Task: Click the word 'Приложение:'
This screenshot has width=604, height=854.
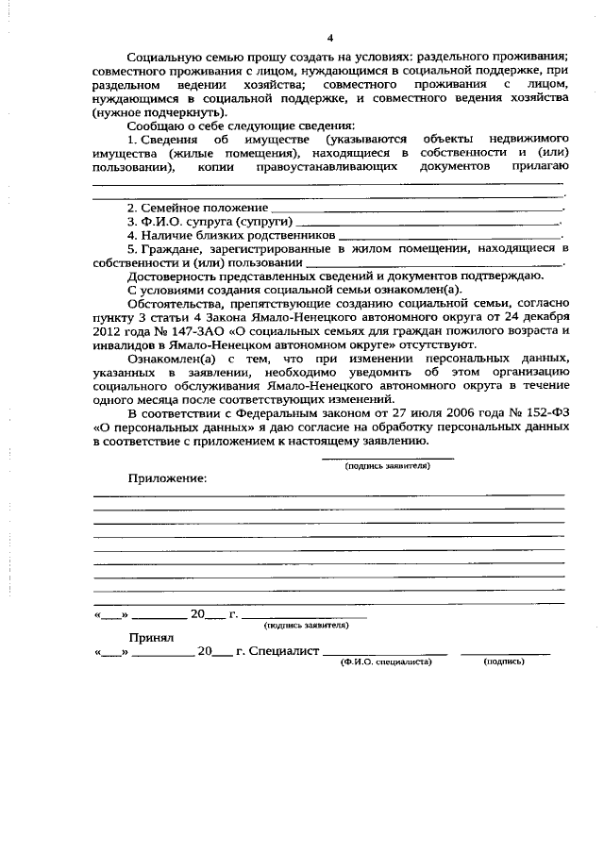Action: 167,478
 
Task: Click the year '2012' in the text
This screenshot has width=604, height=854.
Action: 109,332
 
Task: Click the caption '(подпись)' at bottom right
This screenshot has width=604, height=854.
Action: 504,662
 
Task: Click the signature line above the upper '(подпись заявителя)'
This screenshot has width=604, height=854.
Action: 387,458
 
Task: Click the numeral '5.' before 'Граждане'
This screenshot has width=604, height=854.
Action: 133,248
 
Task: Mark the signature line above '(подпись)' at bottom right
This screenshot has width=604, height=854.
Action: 505,654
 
